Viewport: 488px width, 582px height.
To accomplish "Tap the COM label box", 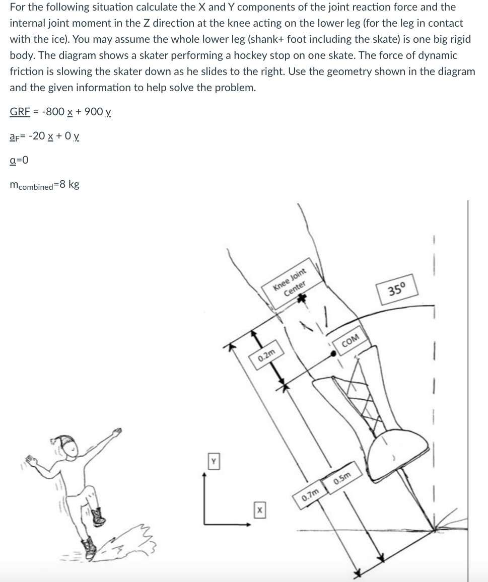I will pyautogui.click(x=350, y=341).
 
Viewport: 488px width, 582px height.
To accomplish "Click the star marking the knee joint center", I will pyautogui.click(x=302, y=299).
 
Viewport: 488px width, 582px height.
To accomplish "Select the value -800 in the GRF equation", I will pyautogui.click(x=52, y=112).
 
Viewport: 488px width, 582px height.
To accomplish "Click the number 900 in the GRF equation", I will pyautogui.click(x=94, y=112).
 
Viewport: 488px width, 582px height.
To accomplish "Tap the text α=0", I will pyautogui.click(x=19, y=160).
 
